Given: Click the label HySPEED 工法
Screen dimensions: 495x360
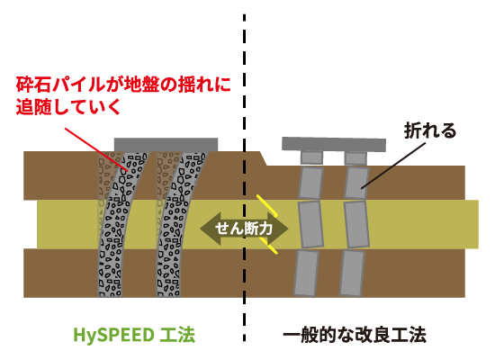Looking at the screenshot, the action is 134,335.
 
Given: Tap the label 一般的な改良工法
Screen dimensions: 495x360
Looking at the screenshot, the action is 355,335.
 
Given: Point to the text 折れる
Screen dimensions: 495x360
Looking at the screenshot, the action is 430,130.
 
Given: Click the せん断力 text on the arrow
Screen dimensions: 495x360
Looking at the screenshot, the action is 243,229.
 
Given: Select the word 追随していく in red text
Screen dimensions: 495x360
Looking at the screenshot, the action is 68,107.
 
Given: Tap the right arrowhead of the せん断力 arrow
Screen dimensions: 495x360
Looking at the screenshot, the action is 278,229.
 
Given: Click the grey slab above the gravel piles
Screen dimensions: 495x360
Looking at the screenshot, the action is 166,145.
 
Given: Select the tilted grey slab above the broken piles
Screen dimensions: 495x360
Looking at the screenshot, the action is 334,144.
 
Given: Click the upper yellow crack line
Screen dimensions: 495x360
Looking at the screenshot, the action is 267,205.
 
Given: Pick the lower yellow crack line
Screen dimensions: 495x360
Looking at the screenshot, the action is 269,246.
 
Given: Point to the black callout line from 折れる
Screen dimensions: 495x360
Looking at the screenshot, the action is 393,166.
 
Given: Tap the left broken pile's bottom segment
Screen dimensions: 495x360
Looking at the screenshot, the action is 306,273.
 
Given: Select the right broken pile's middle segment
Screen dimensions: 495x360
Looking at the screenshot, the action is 356,224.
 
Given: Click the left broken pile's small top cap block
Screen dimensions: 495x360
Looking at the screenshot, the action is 311,157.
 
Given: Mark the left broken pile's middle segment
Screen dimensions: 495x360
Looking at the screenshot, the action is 311,224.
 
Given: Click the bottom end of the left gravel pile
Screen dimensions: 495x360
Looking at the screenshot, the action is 110,296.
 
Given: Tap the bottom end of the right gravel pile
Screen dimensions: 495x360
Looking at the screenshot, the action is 168,296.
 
